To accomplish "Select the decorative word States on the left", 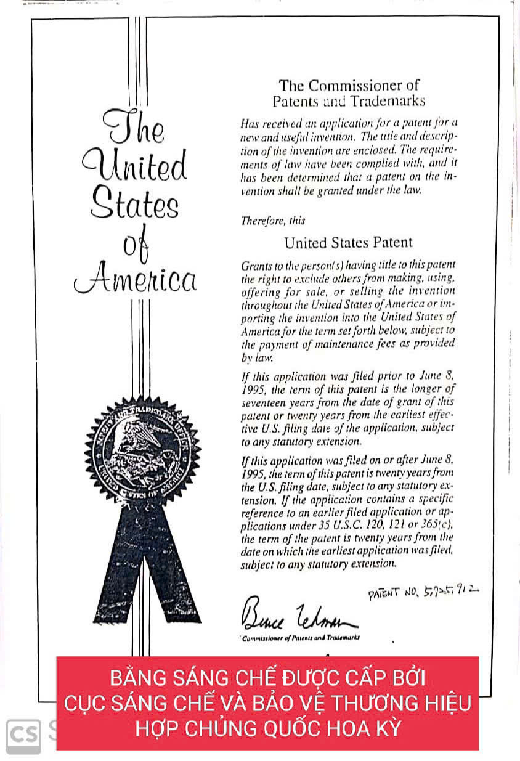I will coord(135,205).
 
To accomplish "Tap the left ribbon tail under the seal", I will coord(116,573).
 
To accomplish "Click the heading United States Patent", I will coord(348,243).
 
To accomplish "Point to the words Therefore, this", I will coord(272,220).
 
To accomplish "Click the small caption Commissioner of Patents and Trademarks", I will coord(301,638).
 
